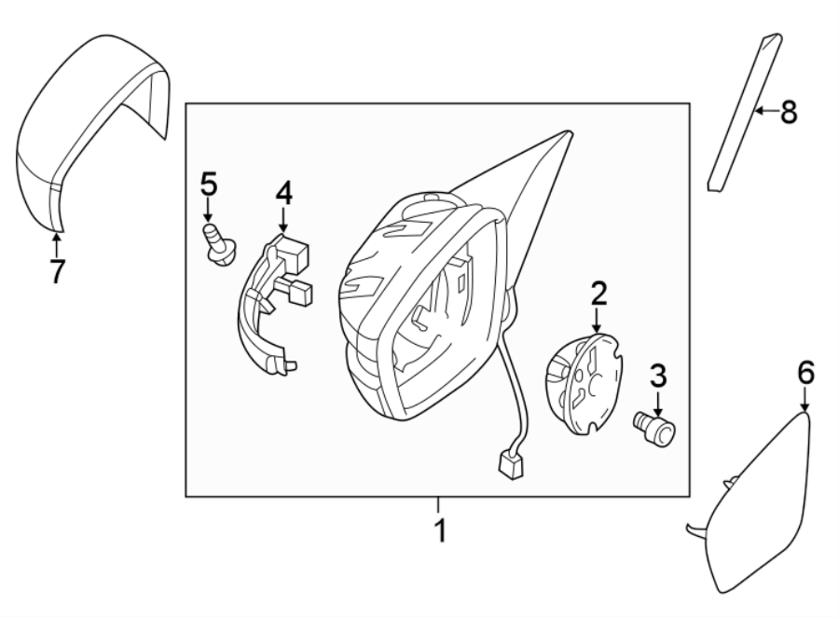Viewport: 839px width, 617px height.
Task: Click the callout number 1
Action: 439,532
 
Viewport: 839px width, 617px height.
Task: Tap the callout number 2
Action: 598,294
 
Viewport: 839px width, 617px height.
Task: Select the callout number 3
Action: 658,377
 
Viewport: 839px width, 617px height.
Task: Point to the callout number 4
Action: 283,194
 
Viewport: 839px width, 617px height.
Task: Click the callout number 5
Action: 208,184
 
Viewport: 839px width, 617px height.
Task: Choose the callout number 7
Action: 57,271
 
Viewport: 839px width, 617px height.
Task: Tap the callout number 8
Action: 789,113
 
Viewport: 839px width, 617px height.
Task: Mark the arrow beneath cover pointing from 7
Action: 57,244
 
